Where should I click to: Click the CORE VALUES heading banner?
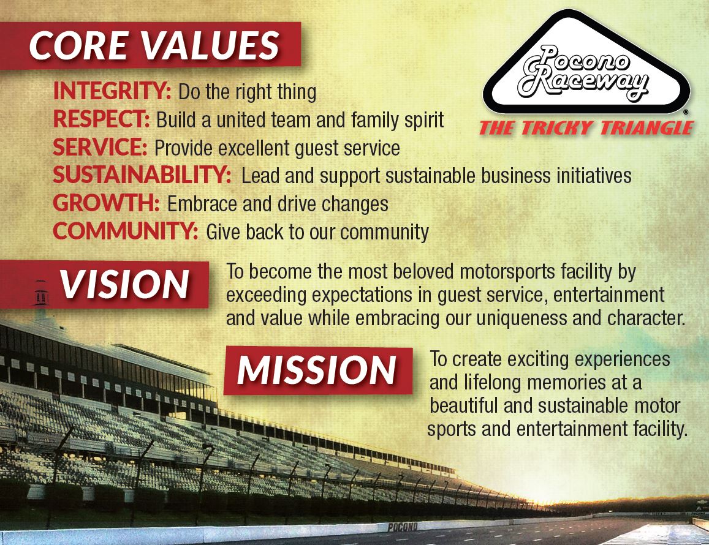click(x=150, y=46)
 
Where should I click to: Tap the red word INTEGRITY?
click(x=112, y=91)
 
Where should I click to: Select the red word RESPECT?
click(x=101, y=119)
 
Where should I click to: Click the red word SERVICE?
click(x=100, y=148)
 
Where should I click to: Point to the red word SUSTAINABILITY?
click(x=142, y=175)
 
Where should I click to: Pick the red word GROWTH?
click(x=106, y=203)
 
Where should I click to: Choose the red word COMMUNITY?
click(x=126, y=231)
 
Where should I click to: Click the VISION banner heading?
click(x=104, y=285)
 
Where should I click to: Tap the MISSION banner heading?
click(x=318, y=370)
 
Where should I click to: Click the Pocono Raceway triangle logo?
click(x=586, y=62)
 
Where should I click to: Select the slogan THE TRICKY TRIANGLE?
click(x=586, y=129)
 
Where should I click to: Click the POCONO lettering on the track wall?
click(x=403, y=527)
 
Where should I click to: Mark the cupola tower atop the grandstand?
click(x=40, y=294)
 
